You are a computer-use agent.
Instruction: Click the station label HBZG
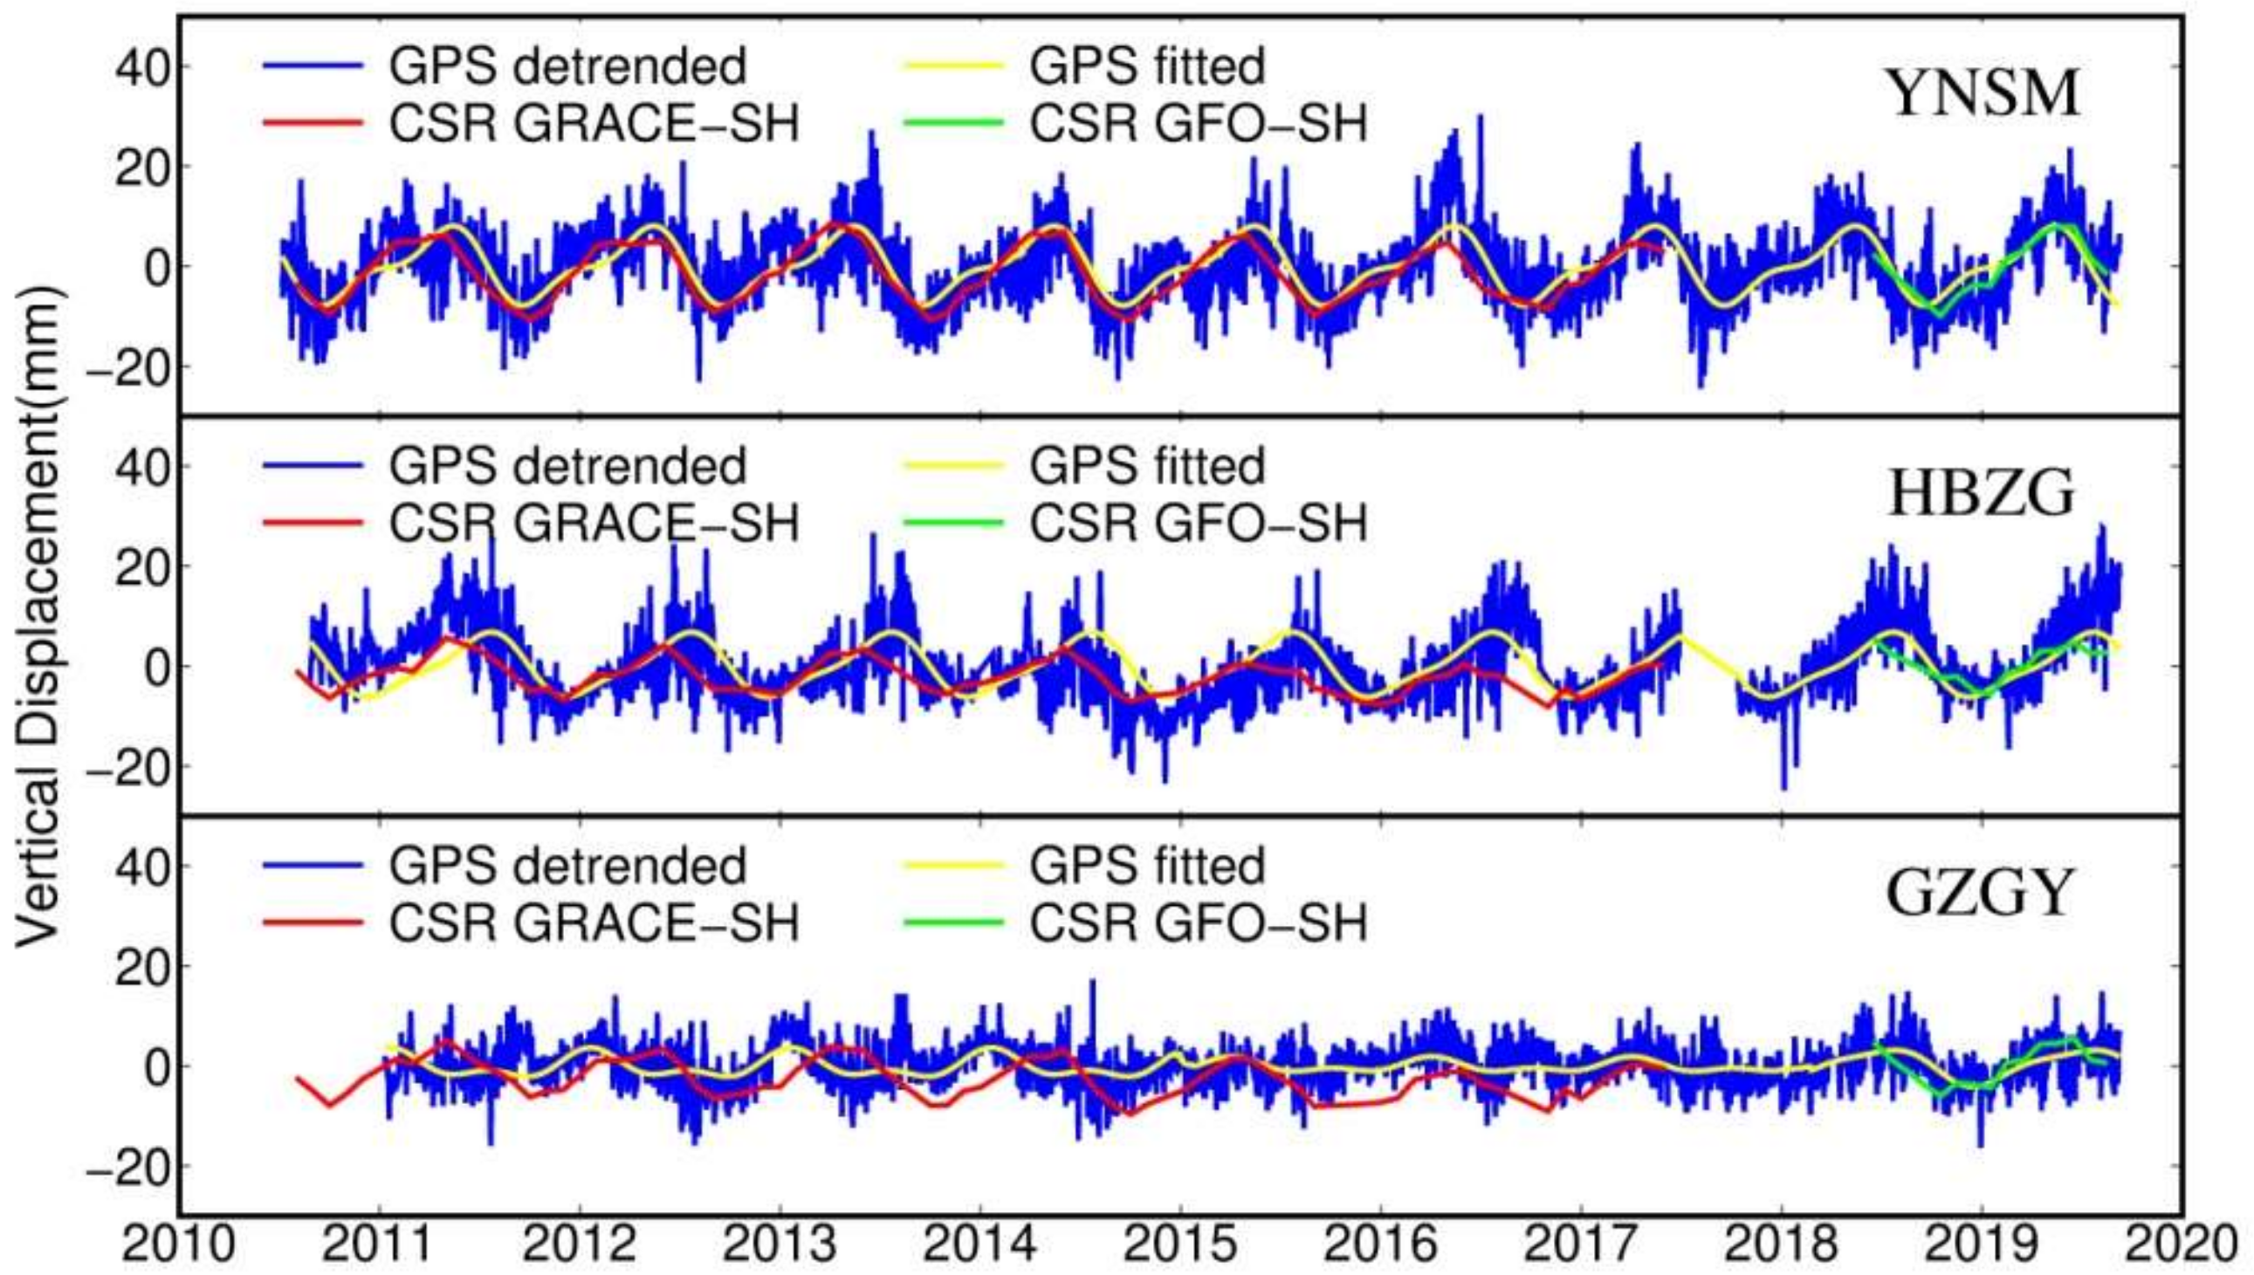tap(1981, 494)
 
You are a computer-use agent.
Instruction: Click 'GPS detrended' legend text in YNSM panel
tap(567, 66)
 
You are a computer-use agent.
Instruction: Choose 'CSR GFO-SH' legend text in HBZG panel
tap(1198, 524)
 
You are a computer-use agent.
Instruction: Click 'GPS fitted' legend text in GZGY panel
tap(1147, 865)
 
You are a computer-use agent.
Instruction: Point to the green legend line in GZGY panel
tap(952, 923)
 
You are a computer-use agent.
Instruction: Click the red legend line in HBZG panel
tap(313, 524)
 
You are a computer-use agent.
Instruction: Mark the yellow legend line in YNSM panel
tap(952, 66)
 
